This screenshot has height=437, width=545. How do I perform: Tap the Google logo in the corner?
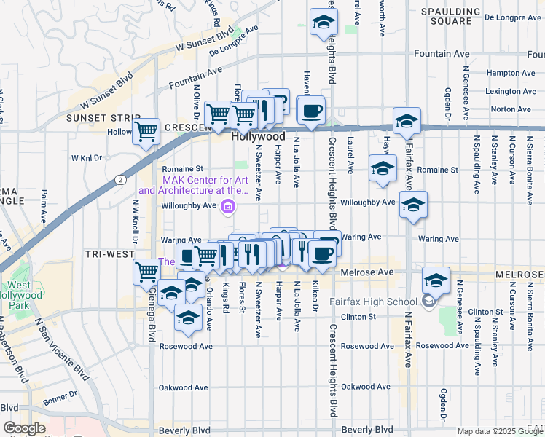click(x=25, y=428)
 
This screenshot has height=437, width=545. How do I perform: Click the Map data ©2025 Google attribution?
click(x=499, y=431)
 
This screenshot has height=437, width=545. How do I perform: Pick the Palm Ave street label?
click(x=44, y=205)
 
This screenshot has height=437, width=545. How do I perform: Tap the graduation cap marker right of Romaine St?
click(x=383, y=168)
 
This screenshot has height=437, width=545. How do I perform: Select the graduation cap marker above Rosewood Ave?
click(x=189, y=318)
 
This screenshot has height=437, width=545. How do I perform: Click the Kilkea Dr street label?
click(x=315, y=296)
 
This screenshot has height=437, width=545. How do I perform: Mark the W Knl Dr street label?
click(x=88, y=157)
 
